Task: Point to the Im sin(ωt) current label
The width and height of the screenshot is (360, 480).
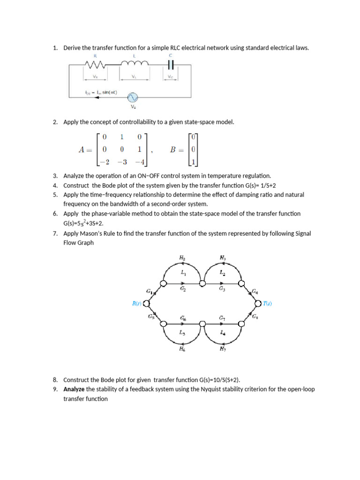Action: pyautogui.click(x=98, y=92)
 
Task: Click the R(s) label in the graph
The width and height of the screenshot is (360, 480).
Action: pyautogui.click(x=136, y=303)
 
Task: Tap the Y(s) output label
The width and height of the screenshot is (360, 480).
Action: pyautogui.click(x=267, y=303)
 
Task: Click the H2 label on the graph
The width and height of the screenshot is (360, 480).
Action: pyautogui.click(x=182, y=257)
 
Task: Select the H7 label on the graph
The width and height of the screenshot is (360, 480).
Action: pyautogui.click(x=223, y=349)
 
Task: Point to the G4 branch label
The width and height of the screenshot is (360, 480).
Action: pyautogui.click(x=255, y=292)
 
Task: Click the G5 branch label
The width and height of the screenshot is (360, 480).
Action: pyautogui.click(x=151, y=317)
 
